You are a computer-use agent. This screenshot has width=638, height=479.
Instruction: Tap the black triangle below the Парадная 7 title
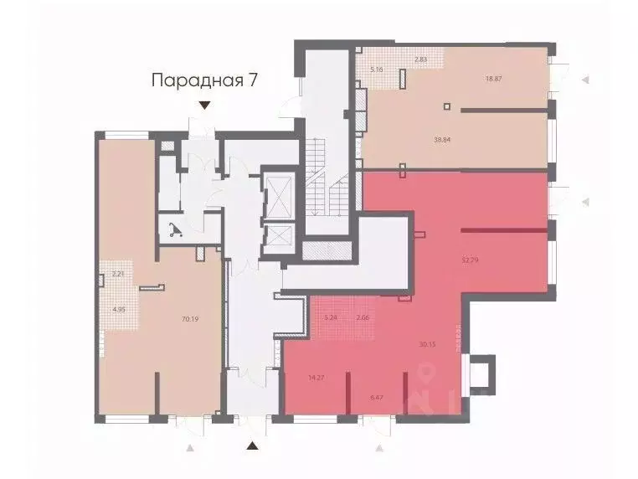pos(205,105)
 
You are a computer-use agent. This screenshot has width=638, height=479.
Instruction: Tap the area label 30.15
pos(427,344)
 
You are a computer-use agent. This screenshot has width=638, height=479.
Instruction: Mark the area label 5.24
pos(330,317)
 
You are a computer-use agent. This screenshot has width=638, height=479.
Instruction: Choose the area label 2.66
pos(363,317)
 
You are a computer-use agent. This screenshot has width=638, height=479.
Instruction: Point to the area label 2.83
pos(421,59)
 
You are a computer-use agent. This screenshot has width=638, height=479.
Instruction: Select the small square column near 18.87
pos(447,106)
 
